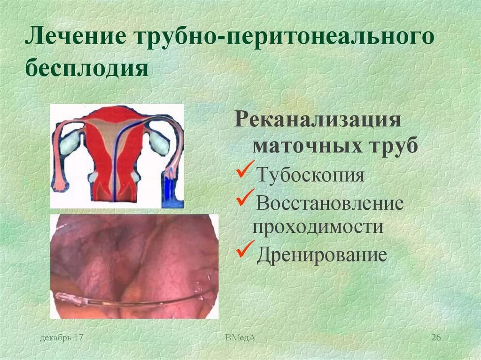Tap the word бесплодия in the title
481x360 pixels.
(87, 68)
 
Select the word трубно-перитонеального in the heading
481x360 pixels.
(283, 38)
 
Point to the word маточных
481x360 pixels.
(304, 146)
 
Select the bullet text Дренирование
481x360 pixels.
(321, 256)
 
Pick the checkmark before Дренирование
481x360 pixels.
(245, 251)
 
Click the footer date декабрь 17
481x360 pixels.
(62, 338)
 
